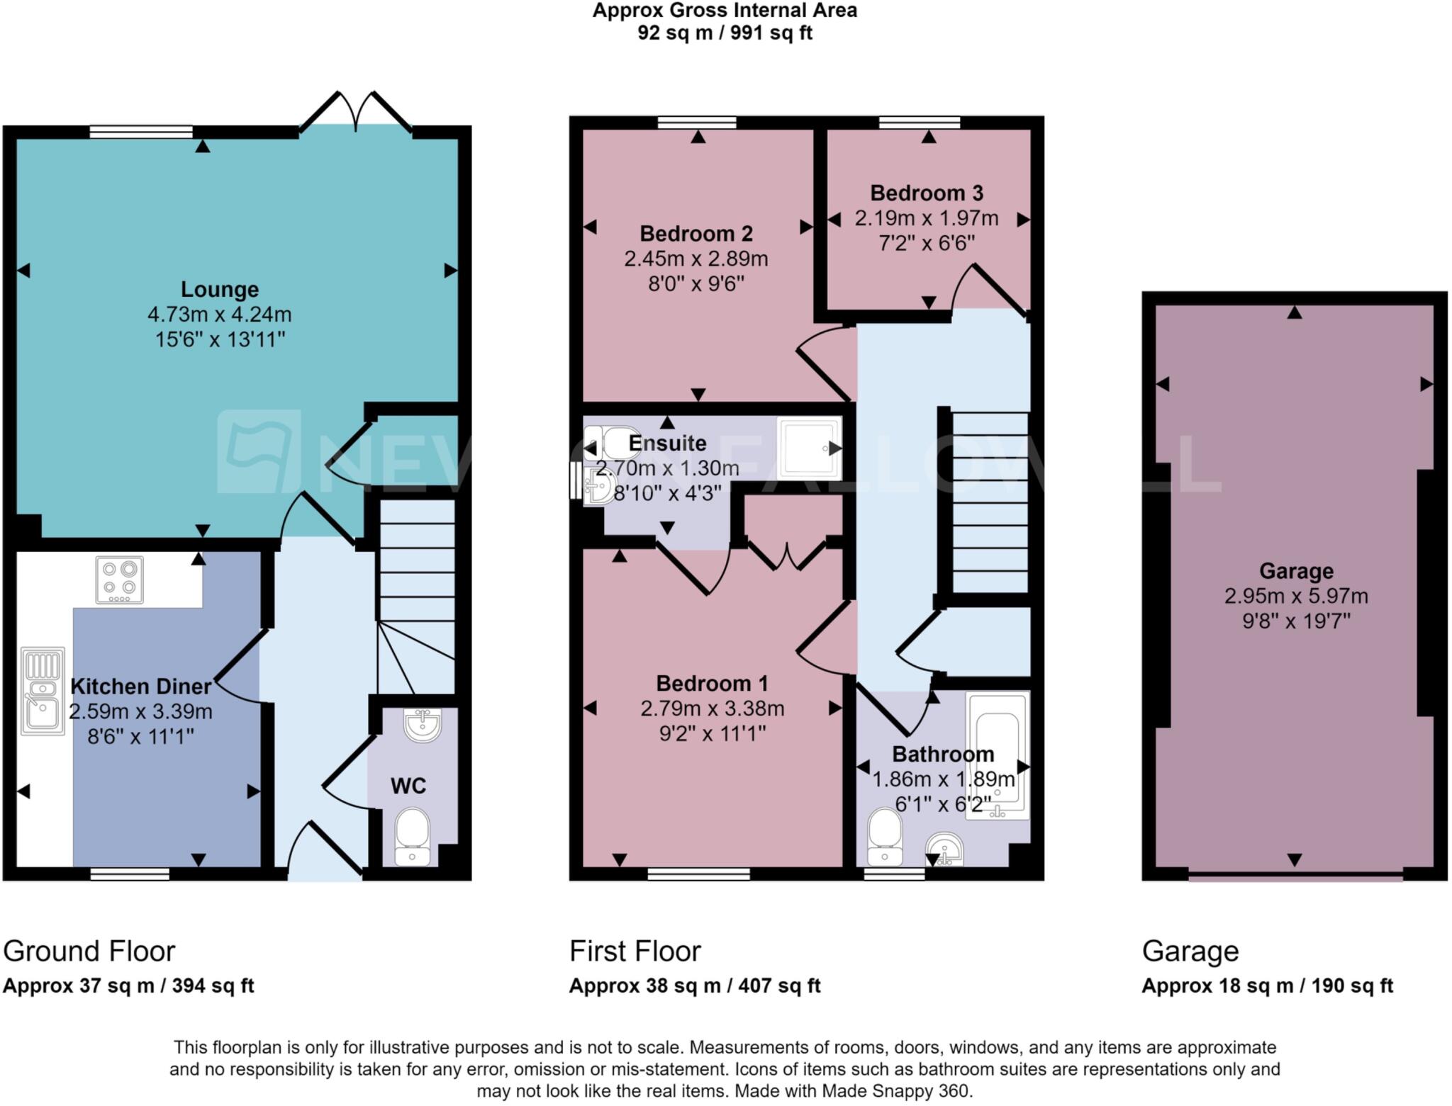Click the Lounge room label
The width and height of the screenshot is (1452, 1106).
coord(220,289)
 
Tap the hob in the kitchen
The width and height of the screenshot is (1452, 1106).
coord(119,580)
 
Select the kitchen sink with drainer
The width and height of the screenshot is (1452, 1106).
coord(43,691)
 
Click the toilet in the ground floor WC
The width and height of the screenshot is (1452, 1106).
coord(412,837)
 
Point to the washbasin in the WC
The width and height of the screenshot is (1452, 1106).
coord(422,725)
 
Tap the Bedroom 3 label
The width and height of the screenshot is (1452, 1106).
coord(927,193)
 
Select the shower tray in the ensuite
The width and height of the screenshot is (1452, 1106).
coord(809,448)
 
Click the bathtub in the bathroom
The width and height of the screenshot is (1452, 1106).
coord(998,755)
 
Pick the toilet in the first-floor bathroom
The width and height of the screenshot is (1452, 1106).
coord(885,837)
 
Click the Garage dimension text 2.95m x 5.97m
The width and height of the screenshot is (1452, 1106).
coord(1296,596)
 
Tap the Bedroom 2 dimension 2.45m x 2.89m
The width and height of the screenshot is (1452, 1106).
coord(696,259)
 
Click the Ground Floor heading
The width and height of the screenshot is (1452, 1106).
coord(89,951)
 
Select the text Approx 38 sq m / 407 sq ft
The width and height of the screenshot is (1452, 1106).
coord(694,986)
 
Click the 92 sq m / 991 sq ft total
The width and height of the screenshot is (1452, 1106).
coord(725,33)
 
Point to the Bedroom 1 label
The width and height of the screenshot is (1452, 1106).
coord(712,683)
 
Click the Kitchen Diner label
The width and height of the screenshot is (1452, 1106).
coord(140,686)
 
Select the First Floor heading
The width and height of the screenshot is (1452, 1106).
coord(635,951)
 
